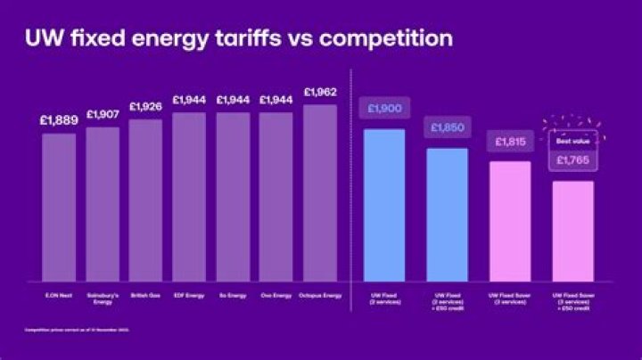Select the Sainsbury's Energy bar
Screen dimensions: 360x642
[103, 203]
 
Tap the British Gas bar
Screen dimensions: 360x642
[145, 200]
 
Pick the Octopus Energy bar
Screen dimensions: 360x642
[320, 192]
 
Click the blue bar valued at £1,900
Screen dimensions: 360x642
[384, 204]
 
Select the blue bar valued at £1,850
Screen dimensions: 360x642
[448, 214]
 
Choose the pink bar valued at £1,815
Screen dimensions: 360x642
[510, 220]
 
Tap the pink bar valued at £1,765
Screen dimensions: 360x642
[572, 230]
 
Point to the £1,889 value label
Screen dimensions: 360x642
[59, 120]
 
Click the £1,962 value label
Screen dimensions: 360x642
[320, 92]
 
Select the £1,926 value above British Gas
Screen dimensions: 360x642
[145, 107]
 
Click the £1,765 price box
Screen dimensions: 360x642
[572, 160]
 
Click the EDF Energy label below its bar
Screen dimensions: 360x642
[189, 294]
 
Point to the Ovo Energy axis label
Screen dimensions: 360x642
[276, 294]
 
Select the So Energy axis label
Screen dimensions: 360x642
[233, 294]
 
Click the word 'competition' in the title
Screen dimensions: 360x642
[389, 39]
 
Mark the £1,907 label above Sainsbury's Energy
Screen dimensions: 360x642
[103, 114]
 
